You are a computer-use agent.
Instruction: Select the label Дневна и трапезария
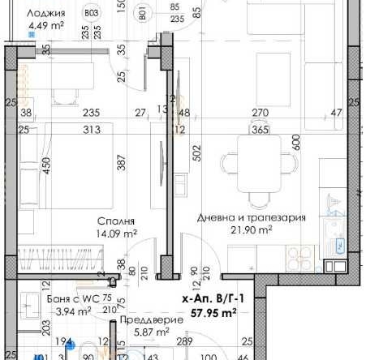click(252, 217)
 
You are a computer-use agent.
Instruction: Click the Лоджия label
click(46, 12)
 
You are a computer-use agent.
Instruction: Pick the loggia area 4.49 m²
click(45, 26)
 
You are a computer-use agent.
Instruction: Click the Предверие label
click(149, 320)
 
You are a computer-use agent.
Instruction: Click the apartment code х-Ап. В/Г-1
click(213, 299)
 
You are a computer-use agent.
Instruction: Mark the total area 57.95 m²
click(212, 312)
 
